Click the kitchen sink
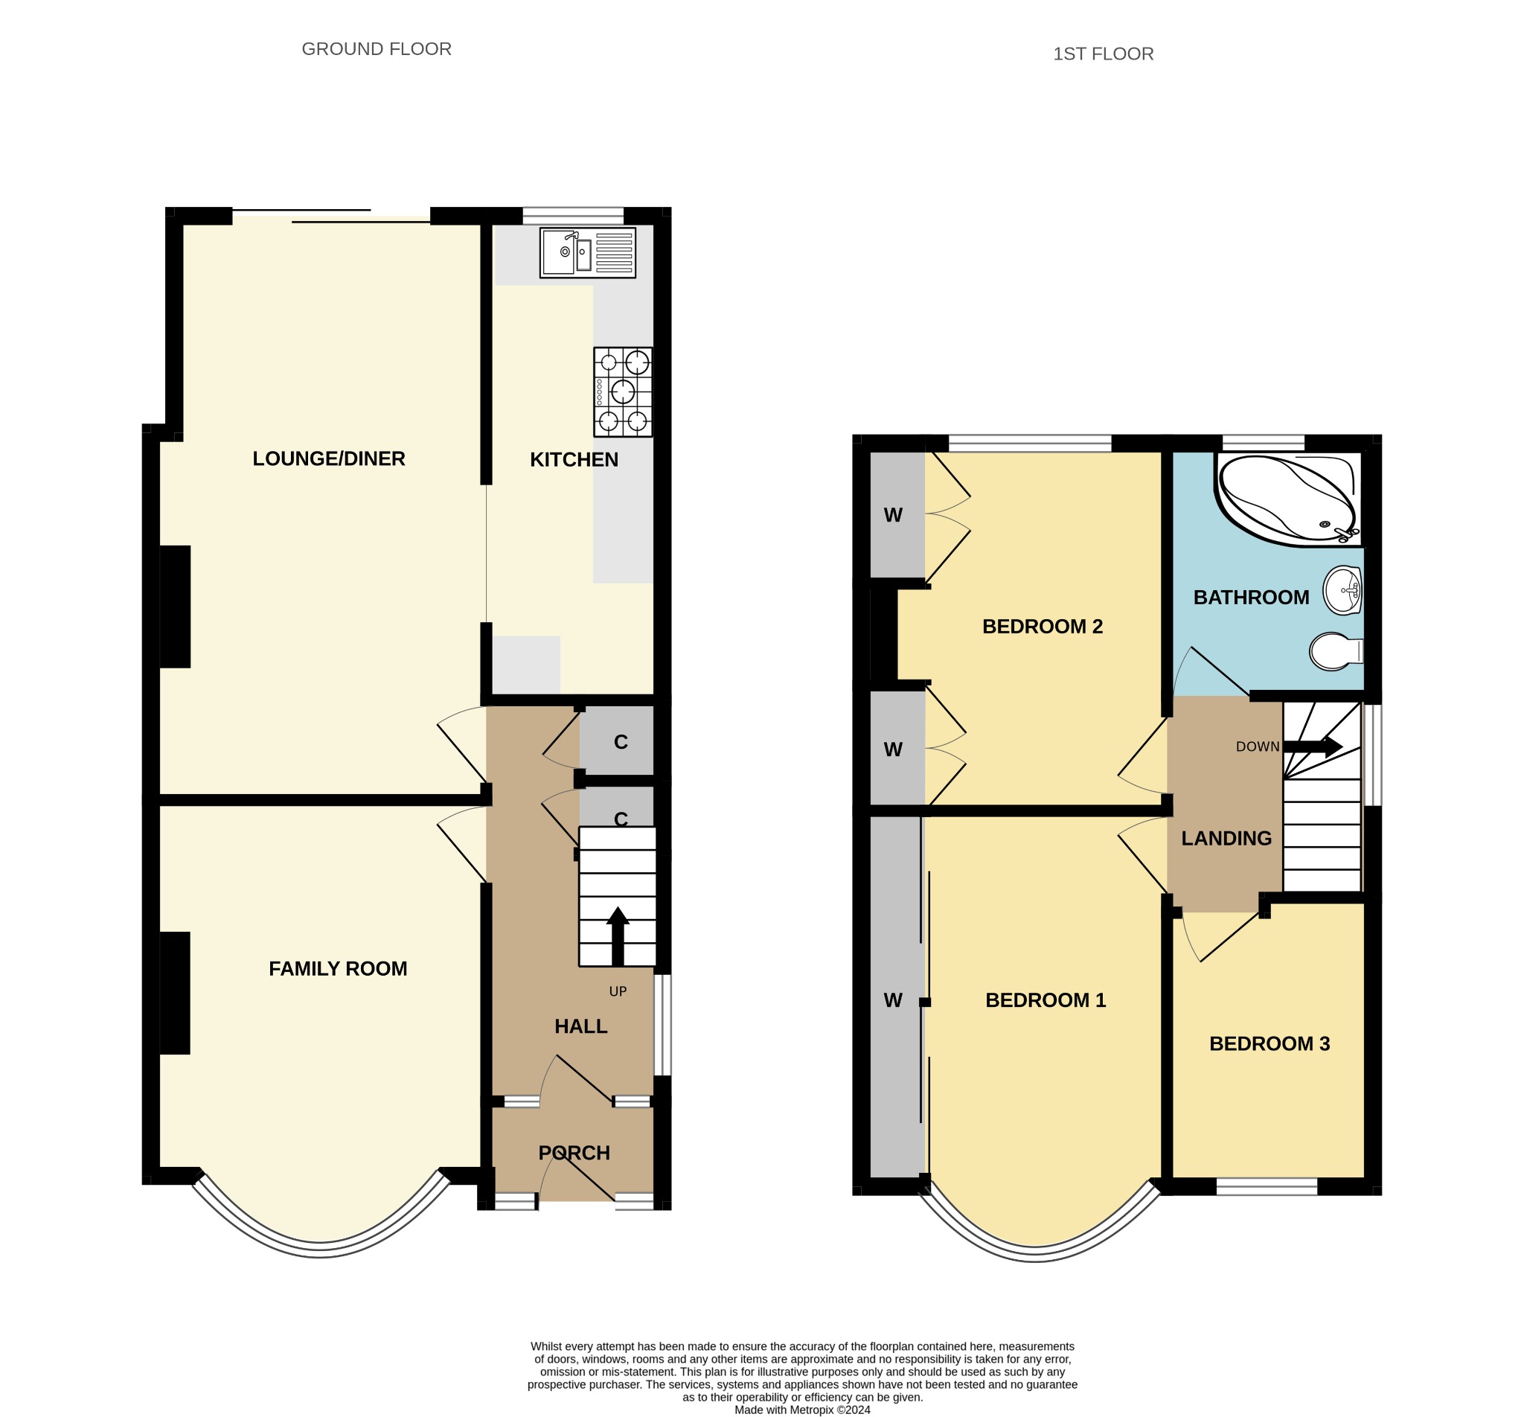tap(587, 253)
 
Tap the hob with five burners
tap(623, 391)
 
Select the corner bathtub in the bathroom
tap(1288, 500)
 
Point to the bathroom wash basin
tap(1342, 590)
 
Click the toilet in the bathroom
tap(1336, 652)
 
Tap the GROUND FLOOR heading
tap(377, 49)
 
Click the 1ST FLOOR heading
tap(1103, 54)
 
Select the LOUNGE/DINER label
tap(329, 458)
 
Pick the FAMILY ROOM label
tap(338, 968)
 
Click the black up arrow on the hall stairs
tap(618, 936)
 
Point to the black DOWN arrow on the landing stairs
tap(1313, 746)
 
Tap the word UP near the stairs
tap(618, 991)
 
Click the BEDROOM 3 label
tap(1270, 1043)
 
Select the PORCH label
tap(574, 1153)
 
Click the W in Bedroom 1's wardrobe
tap(893, 1000)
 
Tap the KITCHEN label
tap(574, 459)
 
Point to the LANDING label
tap(1226, 838)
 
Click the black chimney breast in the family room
tap(175, 993)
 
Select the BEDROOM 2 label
tap(1043, 627)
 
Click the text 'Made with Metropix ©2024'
tap(803, 1410)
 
